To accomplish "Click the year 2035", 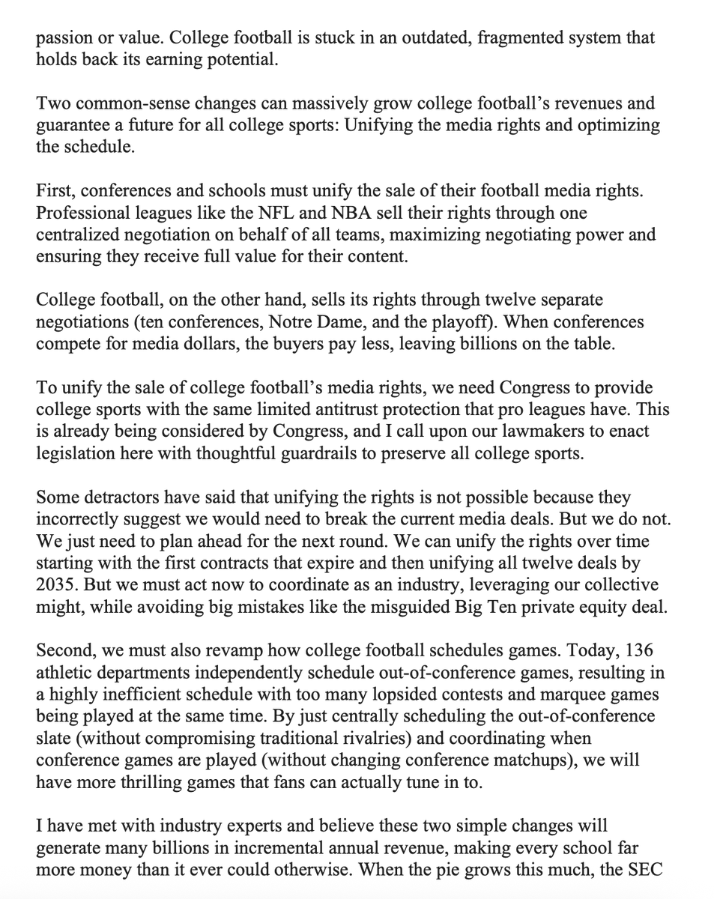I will (x=52, y=586).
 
